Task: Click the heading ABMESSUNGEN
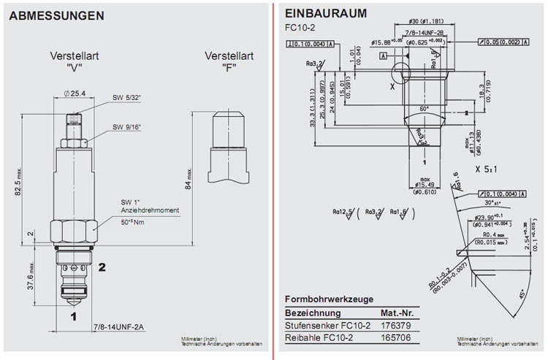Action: point(56,15)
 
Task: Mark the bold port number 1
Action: point(73,316)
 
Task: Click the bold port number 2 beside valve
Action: point(103,267)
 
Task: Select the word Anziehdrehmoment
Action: point(150,210)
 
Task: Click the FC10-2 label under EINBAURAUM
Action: point(297,28)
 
